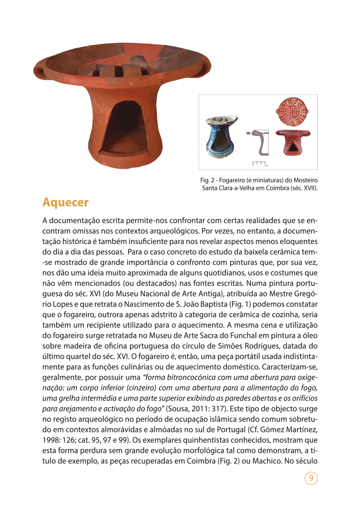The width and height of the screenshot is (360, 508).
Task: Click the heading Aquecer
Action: click(65, 202)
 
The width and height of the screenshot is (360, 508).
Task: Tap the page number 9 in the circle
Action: click(311, 479)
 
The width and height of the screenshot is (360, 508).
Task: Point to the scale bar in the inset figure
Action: click(260, 162)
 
